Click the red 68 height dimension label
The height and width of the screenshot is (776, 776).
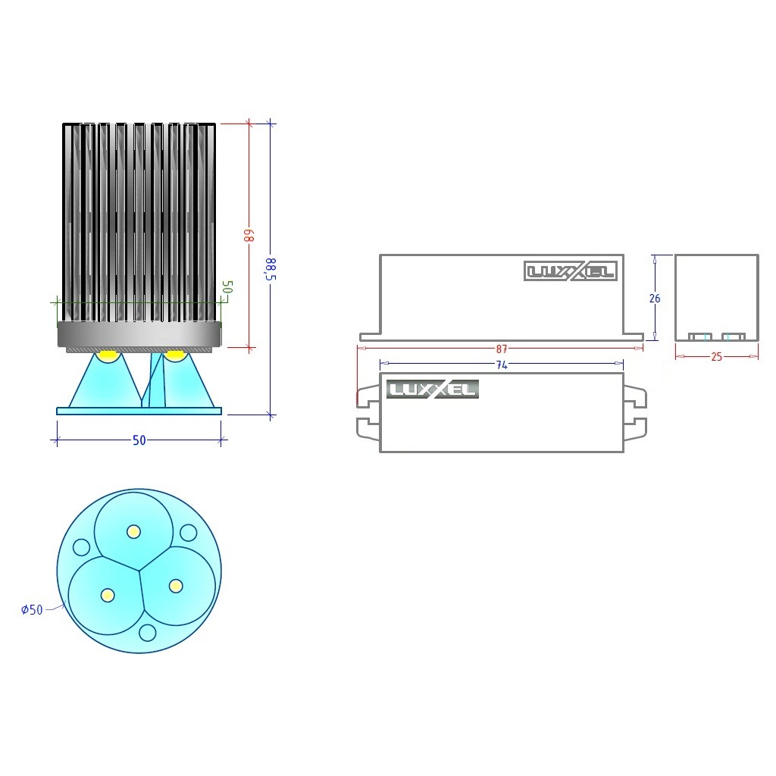click(251, 236)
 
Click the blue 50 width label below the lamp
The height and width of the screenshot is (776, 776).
click(139, 440)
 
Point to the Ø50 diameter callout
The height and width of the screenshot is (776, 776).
click(32, 609)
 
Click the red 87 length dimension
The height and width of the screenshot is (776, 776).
click(502, 349)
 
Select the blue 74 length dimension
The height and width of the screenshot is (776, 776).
click(502, 365)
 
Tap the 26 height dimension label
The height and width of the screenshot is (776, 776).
click(655, 299)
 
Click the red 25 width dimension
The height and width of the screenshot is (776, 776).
click(717, 357)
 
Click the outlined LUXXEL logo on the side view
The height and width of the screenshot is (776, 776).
click(571, 271)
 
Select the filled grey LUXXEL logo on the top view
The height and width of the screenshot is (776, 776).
click(433, 389)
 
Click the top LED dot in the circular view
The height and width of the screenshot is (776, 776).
click(133, 532)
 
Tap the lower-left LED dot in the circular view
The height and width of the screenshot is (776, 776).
click(108, 595)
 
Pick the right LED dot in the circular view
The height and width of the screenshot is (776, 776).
click(176, 586)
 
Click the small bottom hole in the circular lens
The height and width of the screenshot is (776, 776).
click(148, 633)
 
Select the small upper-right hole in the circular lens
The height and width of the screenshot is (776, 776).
click(189, 533)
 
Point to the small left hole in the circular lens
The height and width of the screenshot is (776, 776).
click(81, 547)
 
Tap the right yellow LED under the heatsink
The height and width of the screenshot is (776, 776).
click(174, 355)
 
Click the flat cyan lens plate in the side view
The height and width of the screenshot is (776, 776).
click(139, 411)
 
